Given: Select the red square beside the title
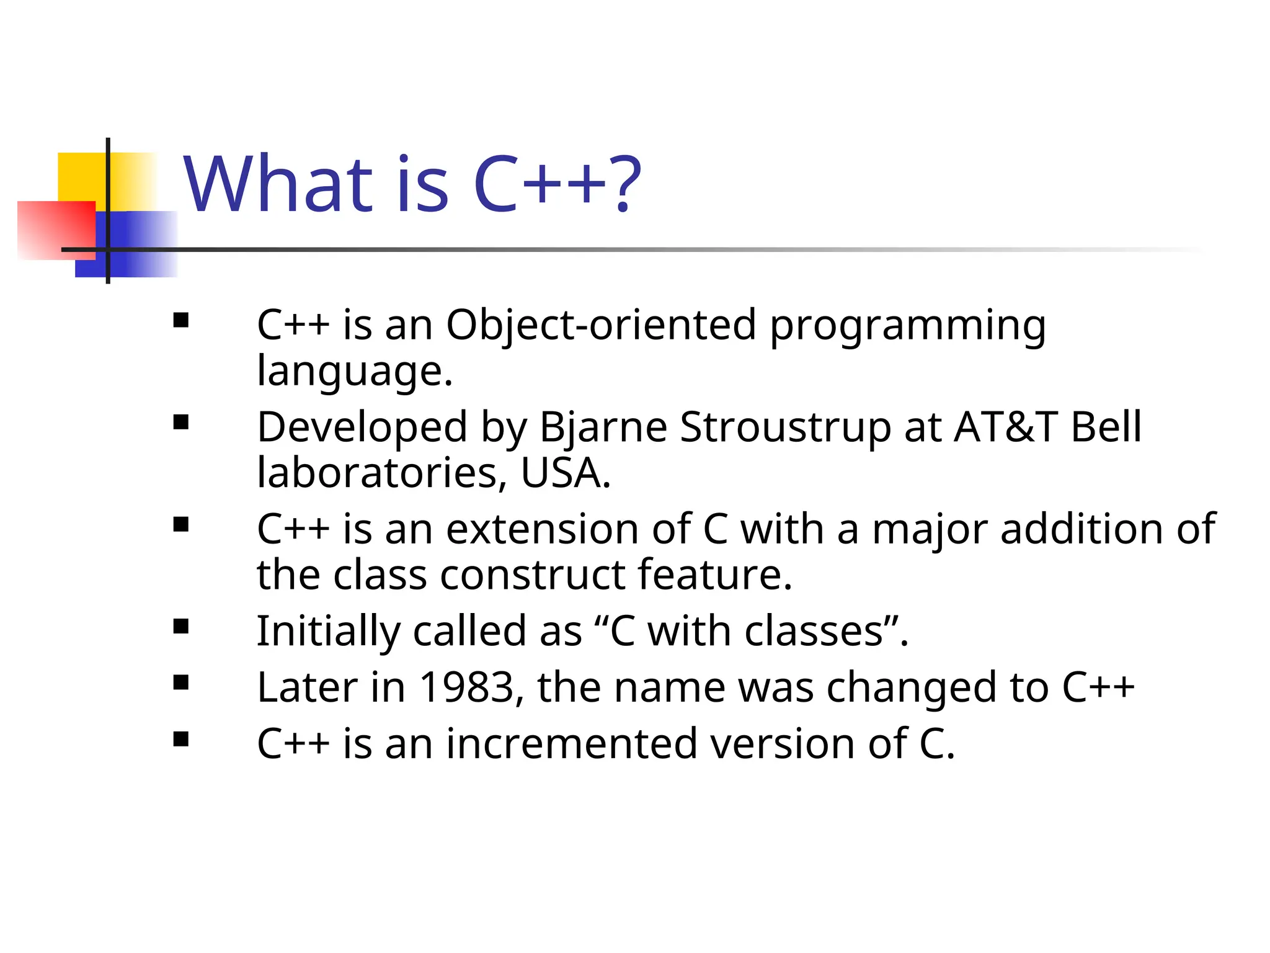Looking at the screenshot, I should [x=56, y=230].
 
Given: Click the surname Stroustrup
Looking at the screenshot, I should [x=785, y=428].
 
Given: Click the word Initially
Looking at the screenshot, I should [x=328, y=632].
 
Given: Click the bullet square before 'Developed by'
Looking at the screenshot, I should [x=181, y=423].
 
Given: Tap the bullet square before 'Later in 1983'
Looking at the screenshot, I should [x=181, y=683].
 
